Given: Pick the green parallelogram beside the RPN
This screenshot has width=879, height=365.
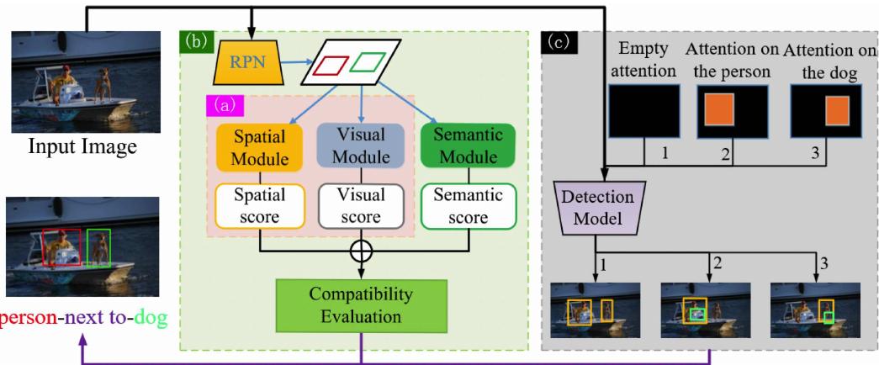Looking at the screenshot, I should tap(367, 62).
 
